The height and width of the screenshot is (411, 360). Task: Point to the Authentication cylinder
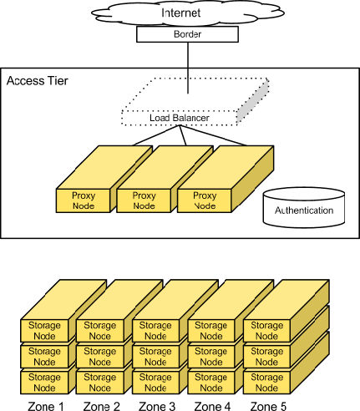click(303, 210)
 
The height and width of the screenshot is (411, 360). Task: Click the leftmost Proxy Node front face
click(84, 200)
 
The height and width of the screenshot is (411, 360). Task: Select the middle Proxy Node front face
click(145, 200)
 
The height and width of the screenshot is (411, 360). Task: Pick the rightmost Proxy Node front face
click(205, 200)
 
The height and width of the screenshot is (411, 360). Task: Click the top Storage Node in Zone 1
click(44, 330)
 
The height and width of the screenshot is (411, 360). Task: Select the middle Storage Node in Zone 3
click(155, 356)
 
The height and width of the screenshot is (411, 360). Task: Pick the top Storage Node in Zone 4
click(211, 330)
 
